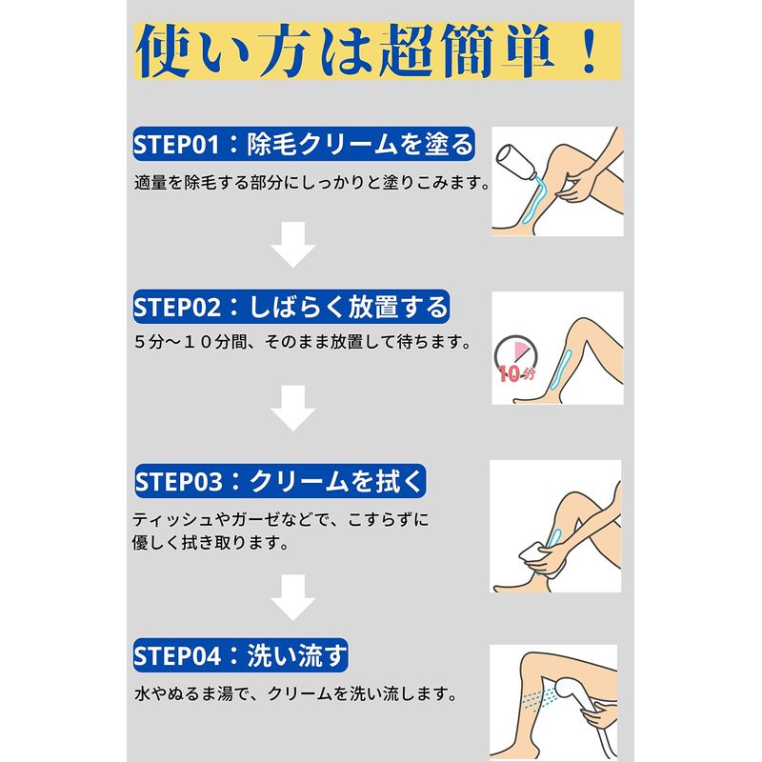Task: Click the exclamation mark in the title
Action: click(590, 50)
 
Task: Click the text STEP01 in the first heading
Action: click(176, 145)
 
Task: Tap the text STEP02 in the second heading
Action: click(177, 308)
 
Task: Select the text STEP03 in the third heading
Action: click(178, 482)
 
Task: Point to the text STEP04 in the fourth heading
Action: click(177, 656)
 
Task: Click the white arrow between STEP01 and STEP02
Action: click(293, 245)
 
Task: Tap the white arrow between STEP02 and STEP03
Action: click(293, 408)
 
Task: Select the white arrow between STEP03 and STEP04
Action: click(293, 597)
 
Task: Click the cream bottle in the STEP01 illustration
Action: click(515, 162)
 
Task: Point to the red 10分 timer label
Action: click(516, 373)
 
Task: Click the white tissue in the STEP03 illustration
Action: click(533, 554)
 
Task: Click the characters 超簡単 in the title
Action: click(467, 51)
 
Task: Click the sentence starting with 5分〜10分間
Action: click(303, 342)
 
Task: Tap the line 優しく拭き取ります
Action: click(211, 542)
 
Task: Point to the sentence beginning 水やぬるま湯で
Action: click(296, 693)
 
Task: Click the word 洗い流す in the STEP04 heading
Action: click(297, 655)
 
